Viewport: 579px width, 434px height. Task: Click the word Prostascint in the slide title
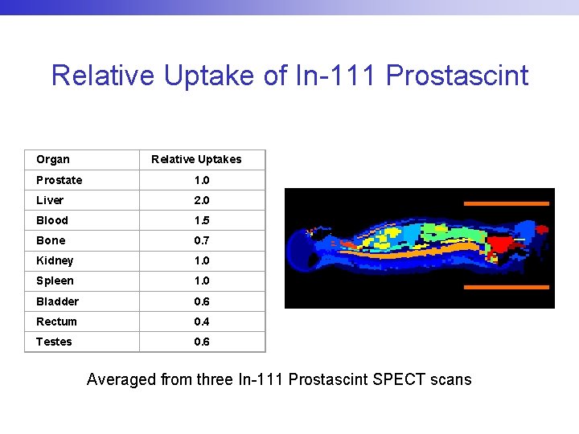click(457, 76)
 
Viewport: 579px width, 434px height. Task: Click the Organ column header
click(53, 159)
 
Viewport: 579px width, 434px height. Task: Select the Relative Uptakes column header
click(196, 159)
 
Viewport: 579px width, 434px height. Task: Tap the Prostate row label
click(59, 180)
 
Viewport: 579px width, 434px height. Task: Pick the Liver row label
click(50, 200)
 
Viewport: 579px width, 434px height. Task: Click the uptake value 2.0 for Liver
click(201, 200)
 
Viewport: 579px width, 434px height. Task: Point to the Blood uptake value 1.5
click(201, 220)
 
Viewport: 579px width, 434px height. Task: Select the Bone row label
click(51, 240)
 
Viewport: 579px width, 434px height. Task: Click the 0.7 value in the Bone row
click(201, 240)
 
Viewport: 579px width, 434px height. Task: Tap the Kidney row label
click(55, 260)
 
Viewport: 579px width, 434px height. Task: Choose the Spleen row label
click(55, 280)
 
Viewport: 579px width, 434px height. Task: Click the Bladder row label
click(57, 301)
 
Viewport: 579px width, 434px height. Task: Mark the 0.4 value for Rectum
click(201, 321)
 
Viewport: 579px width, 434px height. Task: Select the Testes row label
click(54, 342)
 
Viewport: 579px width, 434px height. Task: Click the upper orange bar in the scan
click(507, 203)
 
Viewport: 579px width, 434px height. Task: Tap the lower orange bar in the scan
click(507, 287)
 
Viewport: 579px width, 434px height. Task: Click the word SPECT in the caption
click(400, 379)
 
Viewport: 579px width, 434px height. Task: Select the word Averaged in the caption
click(121, 379)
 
